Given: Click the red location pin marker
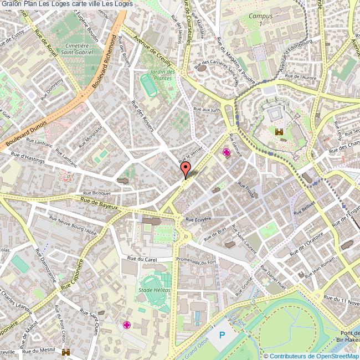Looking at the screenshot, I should (x=185, y=168).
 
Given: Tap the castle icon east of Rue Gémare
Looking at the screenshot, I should (x=279, y=132).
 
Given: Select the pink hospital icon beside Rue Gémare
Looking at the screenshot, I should (x=226, y=152).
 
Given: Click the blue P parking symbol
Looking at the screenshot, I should (x=223, y=335).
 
